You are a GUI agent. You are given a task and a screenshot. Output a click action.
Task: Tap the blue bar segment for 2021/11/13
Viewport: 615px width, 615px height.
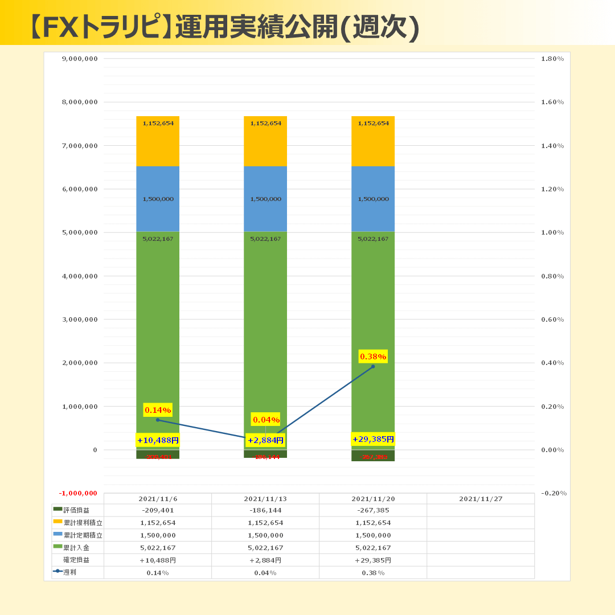click(x=265, y=199)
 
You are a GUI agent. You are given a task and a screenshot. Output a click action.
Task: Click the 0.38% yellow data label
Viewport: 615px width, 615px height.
click(x=373, y=356)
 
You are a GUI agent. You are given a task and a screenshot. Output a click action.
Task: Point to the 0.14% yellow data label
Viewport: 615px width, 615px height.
click(x=158, y=410)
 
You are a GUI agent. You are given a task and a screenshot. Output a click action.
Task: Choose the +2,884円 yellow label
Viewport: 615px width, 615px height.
click(x=265, y=440)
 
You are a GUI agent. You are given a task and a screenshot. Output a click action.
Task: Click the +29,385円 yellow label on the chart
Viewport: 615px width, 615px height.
click(x=373, y=439)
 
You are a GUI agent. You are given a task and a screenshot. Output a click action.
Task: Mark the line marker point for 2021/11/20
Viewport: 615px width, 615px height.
click(x=373, y=367)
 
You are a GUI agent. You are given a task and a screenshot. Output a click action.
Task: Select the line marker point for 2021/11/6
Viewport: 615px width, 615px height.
click(x=158, y=420)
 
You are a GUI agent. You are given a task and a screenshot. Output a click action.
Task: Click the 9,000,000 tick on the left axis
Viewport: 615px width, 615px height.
click(x=79, y=59)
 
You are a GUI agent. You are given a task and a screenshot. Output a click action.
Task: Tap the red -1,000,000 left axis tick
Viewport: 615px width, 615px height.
click(x=78, y=493)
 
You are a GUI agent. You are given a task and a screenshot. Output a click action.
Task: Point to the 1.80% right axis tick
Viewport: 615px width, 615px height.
click(x=552, y=59)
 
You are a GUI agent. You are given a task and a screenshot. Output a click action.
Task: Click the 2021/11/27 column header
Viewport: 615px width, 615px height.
click(x=481, y=499)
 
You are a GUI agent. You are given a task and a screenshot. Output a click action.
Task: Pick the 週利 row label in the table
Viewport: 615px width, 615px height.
click(x=69, y=572)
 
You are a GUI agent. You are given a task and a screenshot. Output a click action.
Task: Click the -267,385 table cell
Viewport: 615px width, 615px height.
click(x=373, y=510)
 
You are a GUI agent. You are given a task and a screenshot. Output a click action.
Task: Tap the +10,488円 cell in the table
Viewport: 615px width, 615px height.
click(x=158, y=560)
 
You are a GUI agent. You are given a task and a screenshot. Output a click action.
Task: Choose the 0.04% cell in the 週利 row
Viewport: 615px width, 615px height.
click(x=265, y=572)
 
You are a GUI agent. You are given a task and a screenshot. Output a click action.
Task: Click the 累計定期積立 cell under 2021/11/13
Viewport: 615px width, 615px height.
click(x=265, y=535)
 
